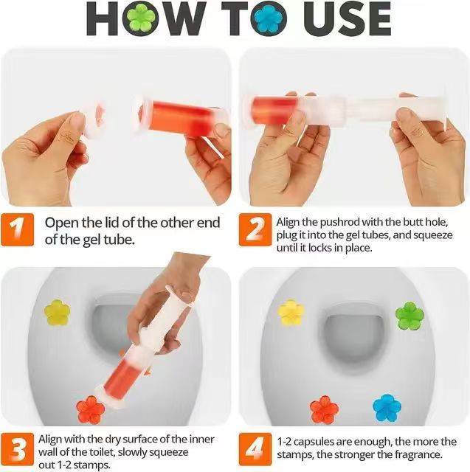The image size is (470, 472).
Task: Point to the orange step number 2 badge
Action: pos(255,231)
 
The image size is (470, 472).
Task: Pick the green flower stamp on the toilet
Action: pos(409,316)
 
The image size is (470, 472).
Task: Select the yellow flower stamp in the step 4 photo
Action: pos(291,312)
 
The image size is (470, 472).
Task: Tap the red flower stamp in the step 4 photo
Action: pos(324,409)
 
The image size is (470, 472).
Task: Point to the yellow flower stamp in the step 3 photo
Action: pos(57,312)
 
